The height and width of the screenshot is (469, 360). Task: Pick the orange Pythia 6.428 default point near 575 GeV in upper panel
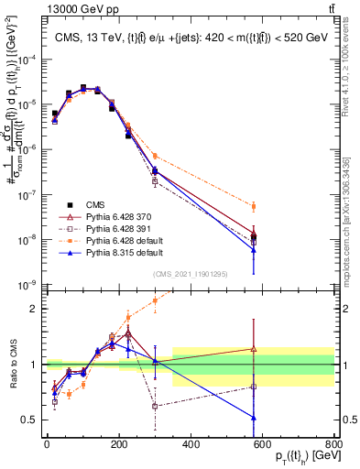254,206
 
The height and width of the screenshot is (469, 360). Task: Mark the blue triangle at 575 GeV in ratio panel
254,418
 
